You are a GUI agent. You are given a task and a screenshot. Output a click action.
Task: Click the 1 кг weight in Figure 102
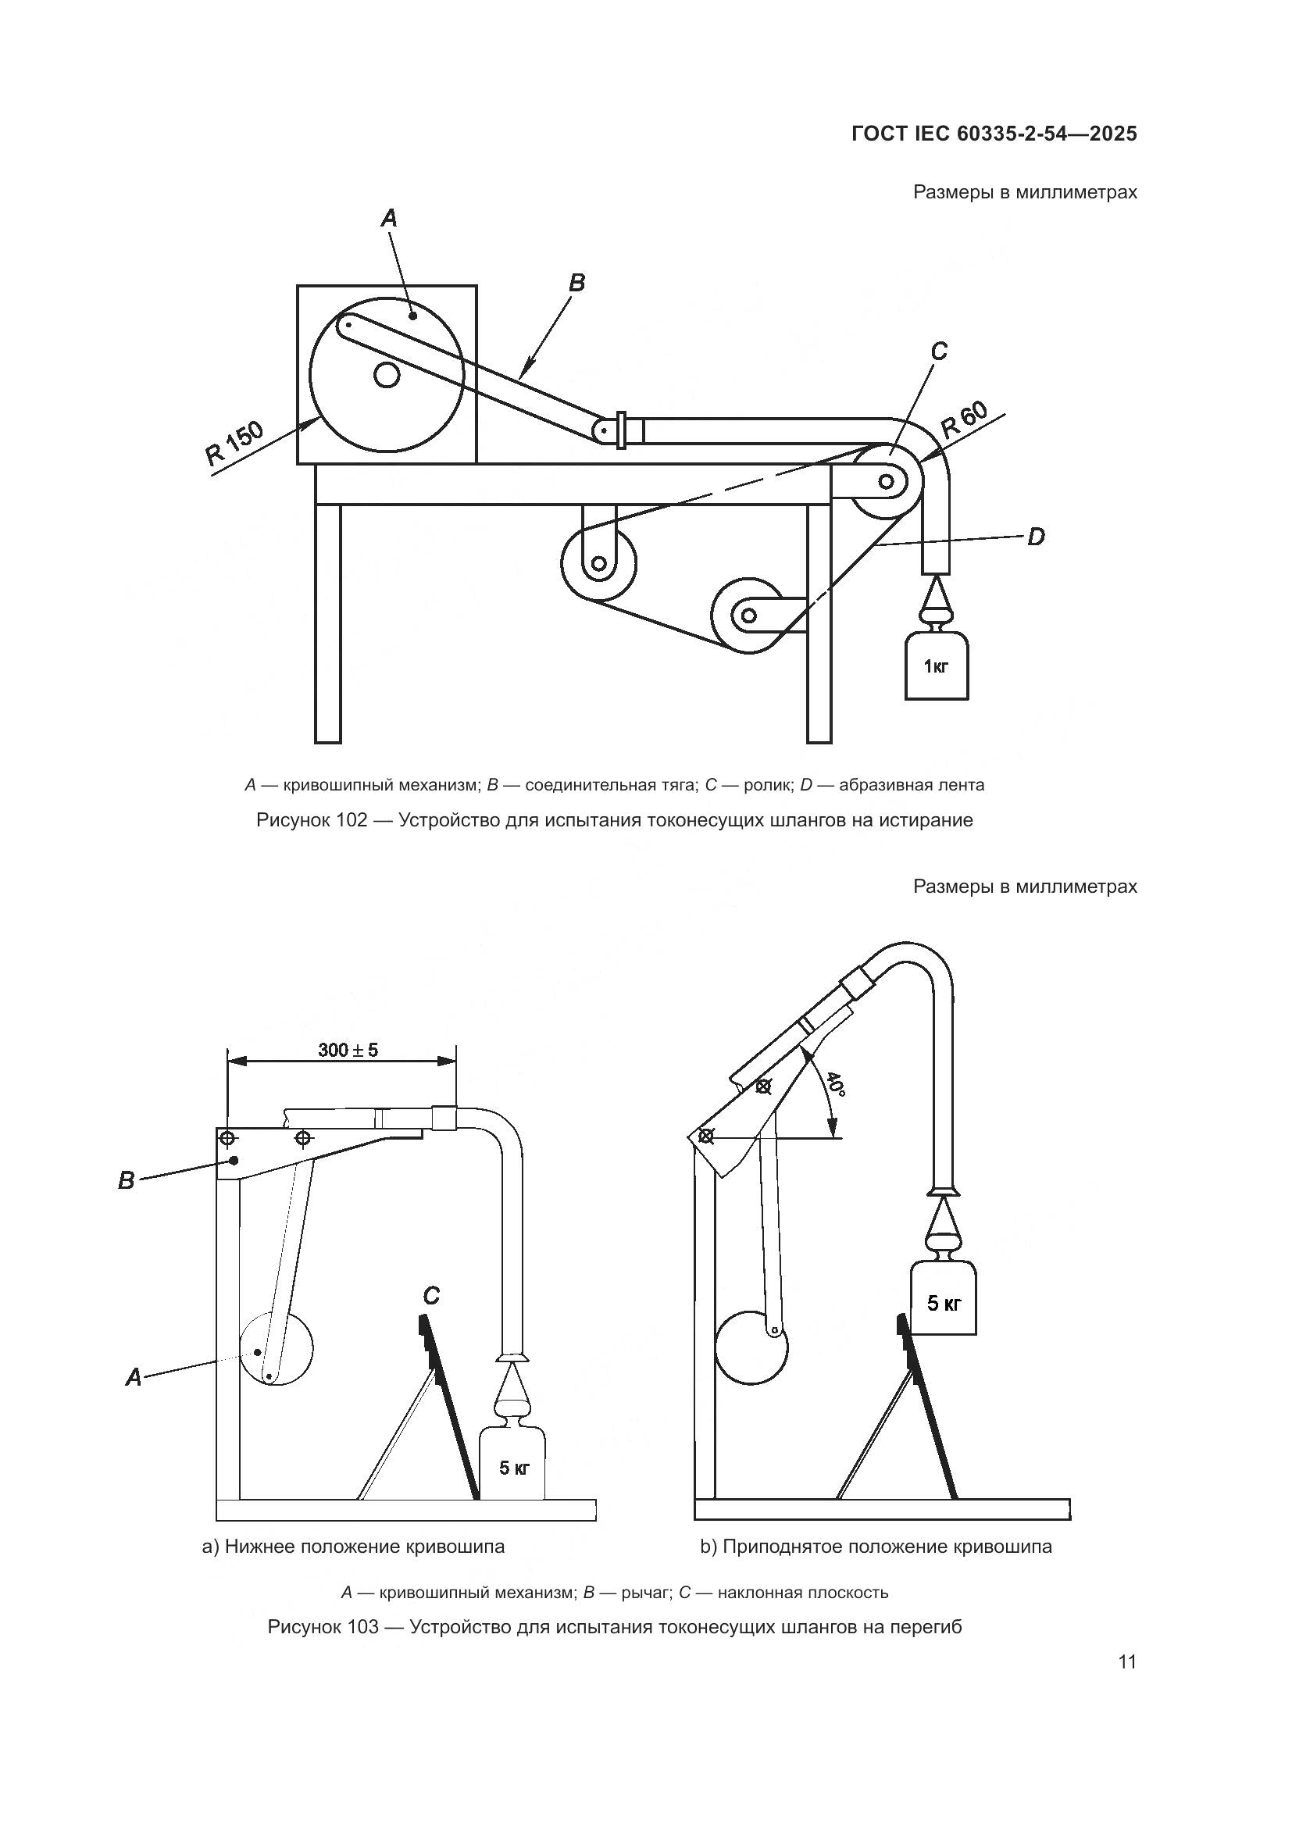937,665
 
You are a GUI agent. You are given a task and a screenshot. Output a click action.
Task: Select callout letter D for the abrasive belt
1035,538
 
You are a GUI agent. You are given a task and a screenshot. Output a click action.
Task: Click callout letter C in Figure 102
939,351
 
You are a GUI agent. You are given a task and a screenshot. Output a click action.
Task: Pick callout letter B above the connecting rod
576,283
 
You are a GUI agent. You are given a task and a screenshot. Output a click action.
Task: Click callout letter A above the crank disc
388,217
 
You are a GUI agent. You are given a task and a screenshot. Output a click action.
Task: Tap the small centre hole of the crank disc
387,374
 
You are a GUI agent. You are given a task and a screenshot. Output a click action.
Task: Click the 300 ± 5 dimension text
348,1050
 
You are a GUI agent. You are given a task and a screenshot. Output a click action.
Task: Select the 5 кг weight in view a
514,1468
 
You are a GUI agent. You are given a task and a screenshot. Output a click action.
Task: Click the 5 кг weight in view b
944,1304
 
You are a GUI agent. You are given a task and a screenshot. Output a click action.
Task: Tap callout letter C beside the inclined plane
430,1297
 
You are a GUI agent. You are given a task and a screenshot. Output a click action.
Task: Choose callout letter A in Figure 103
134,1377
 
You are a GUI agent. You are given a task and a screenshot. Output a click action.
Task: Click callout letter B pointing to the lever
126,1181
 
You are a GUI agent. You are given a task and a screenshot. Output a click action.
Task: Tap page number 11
1126,1661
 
